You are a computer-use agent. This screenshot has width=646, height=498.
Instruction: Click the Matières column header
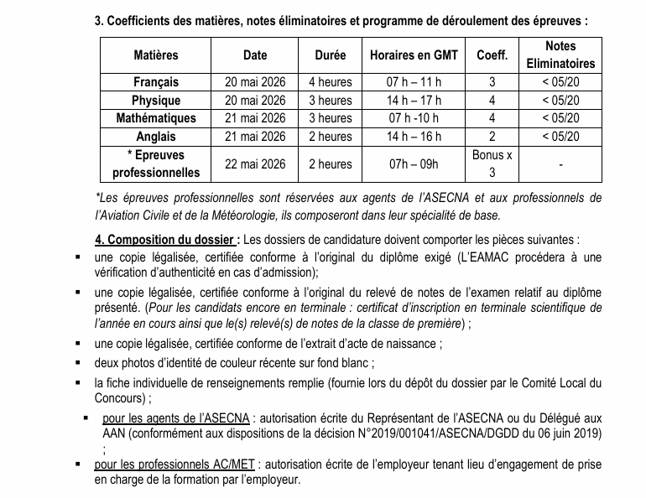156,55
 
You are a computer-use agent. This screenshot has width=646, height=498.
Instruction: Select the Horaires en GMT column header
413,55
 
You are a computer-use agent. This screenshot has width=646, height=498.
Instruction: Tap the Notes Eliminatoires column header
560,54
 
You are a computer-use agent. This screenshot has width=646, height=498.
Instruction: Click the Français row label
156,82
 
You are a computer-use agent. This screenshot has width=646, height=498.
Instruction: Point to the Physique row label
156,101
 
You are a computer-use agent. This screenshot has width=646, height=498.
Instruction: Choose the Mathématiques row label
156,118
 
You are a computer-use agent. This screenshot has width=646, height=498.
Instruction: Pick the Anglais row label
156,137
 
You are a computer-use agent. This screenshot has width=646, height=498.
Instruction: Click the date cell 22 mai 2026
255,163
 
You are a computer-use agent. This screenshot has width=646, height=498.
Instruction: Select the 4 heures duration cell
331,82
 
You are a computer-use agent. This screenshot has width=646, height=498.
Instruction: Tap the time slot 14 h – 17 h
413,101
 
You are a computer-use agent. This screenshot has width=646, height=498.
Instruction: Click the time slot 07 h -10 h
413,118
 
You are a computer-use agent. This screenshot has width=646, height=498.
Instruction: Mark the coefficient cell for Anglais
492,137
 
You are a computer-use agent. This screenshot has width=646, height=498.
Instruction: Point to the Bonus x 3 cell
492,163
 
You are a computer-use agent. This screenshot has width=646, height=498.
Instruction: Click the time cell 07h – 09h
413,163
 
